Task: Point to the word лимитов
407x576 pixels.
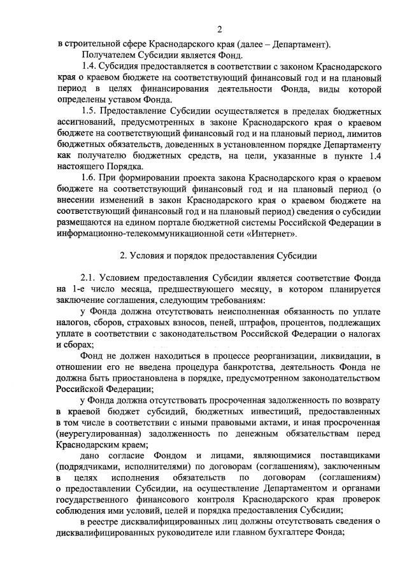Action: click(362, 142)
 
